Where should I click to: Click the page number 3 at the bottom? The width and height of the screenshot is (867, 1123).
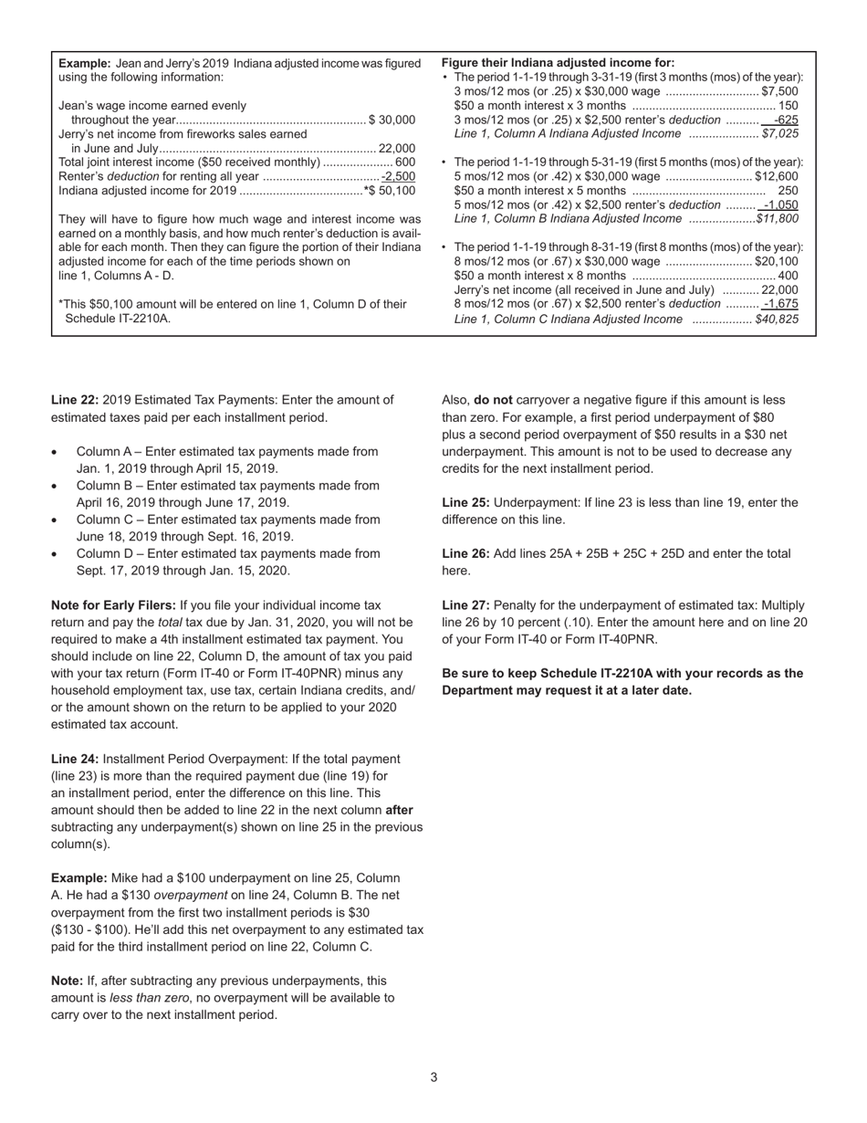click(x=433, y=1077)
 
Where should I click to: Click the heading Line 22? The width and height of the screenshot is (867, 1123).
click(x=75, y=400)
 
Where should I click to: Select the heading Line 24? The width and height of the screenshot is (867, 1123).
click(x=75, y=759)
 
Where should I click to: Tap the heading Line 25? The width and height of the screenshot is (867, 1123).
click(x=465, y=502)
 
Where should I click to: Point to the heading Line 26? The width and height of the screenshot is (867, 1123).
click(x=465, y=553)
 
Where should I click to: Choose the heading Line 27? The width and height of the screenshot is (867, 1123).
click(x=465, y=605)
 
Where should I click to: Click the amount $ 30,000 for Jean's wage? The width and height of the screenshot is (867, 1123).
click(x=392, y=120)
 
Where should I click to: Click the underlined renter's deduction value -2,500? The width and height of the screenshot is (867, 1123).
click(x=398, y=176)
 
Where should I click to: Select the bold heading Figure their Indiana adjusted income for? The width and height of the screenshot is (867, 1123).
click(x=558, y=63)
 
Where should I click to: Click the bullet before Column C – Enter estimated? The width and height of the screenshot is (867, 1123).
click(x=56, y=520)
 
